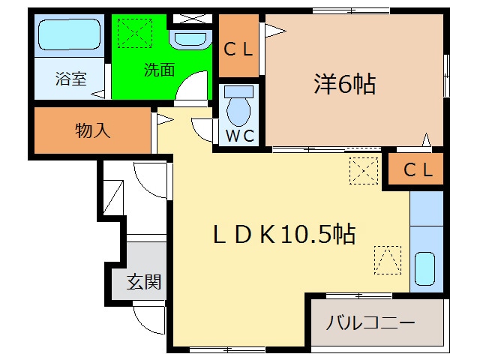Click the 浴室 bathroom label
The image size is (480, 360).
pos(72,79)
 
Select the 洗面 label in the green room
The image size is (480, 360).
pos(160,70)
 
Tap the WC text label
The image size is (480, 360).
pos(240,136)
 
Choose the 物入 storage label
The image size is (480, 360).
pos(93,130)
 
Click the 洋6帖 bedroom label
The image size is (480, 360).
pos(344,84)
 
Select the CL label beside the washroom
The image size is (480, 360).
pos(240,49)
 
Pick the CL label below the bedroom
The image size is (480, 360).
pos(418,170)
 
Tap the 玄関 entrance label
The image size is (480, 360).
pos(144,282)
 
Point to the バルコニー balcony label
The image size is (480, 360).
pos(370,324)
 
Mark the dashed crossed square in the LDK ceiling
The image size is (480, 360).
pos(364,171)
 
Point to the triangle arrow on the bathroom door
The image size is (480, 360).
pos(97,94)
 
